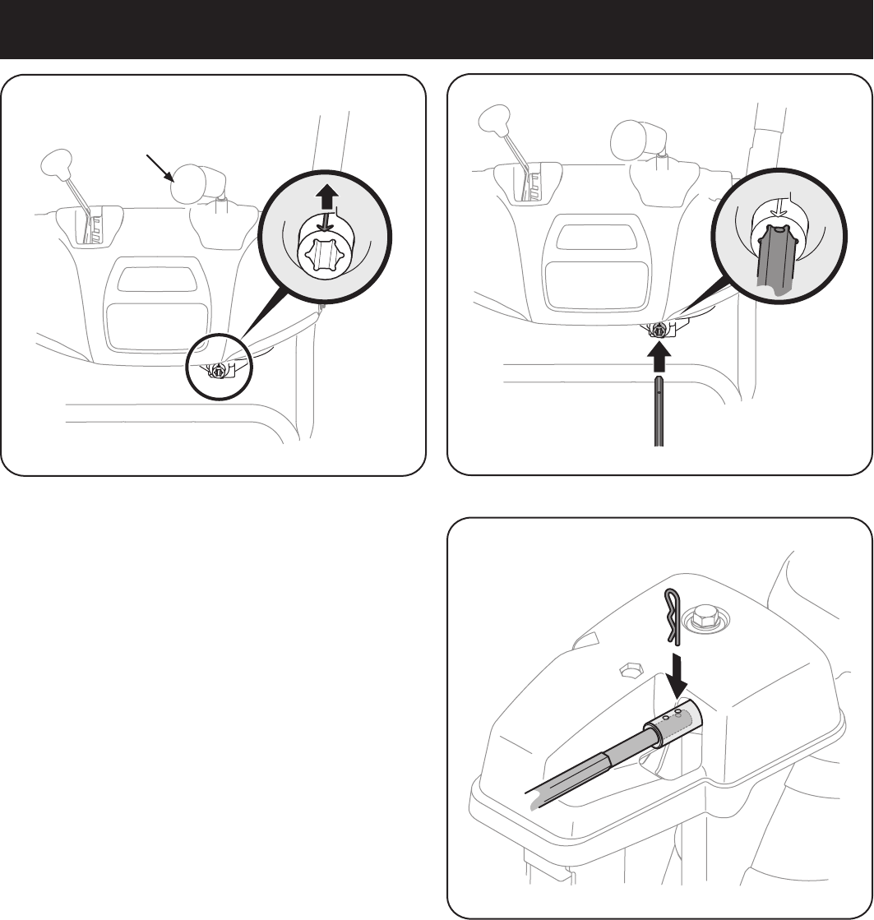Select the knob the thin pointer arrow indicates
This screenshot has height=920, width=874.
coord(192,182)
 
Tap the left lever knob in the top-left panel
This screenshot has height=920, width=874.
coord(54,162)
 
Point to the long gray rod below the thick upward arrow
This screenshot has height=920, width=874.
coord(659,411)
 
